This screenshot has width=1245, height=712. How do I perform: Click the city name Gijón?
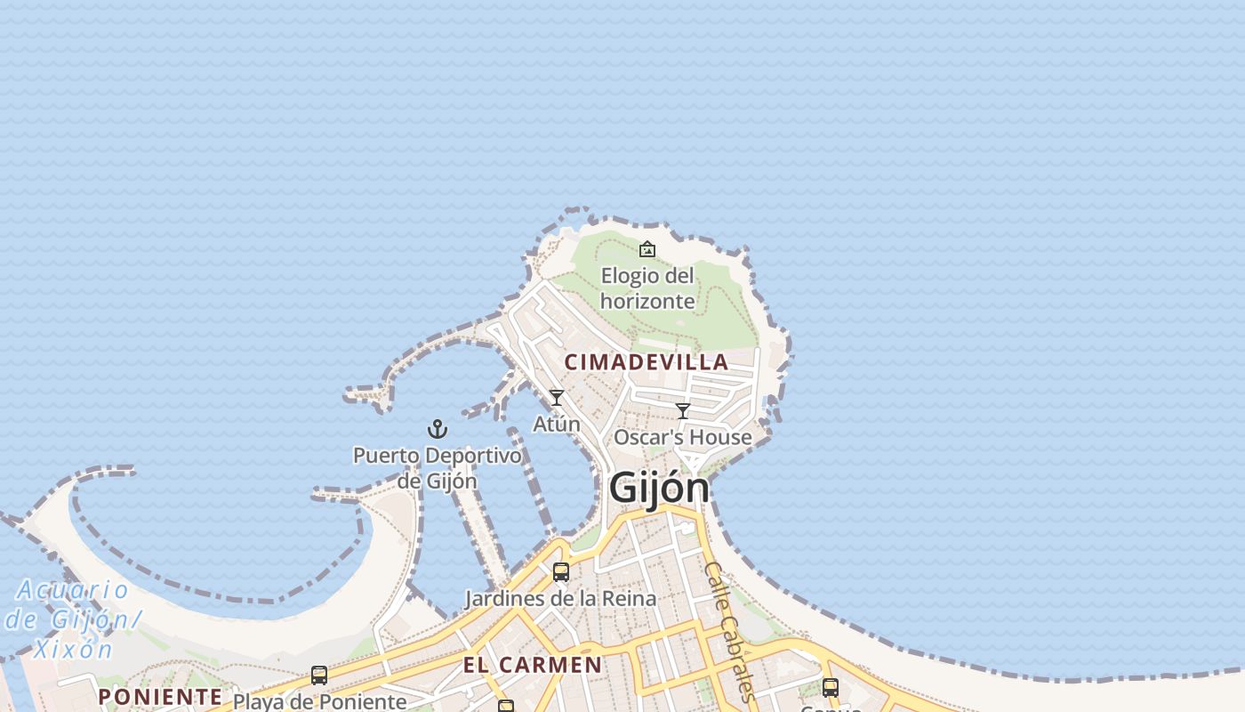659,488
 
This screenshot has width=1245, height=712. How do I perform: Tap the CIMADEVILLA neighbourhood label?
647,362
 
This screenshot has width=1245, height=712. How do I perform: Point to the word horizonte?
647,301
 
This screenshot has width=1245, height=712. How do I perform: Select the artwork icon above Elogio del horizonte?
647,249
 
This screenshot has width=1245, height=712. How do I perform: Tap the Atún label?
556,425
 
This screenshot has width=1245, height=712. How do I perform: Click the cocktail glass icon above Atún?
557,398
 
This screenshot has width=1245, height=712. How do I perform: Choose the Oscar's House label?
682,438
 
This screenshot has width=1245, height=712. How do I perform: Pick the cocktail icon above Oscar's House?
683,411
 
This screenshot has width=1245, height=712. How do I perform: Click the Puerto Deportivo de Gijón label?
437,468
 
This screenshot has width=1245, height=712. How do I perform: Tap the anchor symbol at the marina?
437,430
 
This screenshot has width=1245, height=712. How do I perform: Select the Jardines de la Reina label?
560,599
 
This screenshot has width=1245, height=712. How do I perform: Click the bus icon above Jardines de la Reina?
560,571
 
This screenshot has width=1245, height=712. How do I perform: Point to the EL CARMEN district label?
532,665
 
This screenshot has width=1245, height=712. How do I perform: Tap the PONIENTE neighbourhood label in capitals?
160,696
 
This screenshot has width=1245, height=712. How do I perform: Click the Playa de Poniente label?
319,701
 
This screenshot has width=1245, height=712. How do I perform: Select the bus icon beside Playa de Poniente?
319,676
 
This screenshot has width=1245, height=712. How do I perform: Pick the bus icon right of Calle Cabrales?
830,687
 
